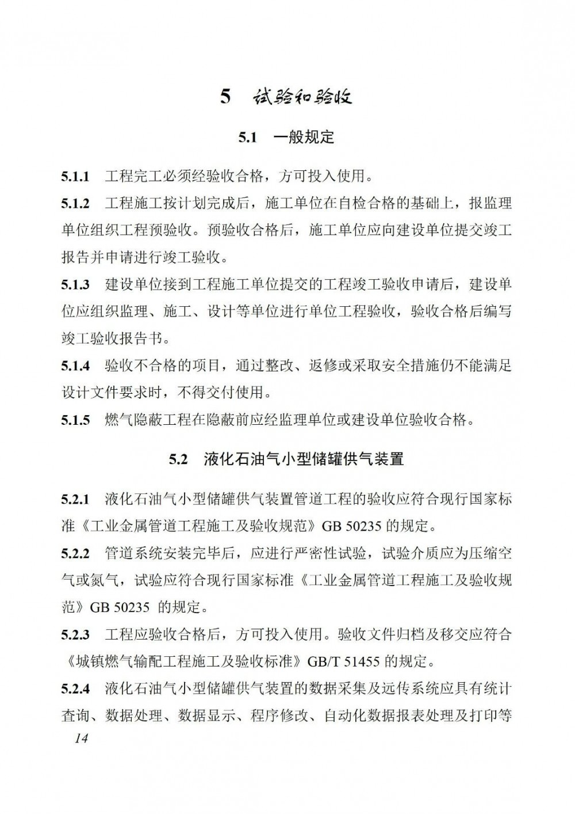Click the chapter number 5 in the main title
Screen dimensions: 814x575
[x=225, y=97]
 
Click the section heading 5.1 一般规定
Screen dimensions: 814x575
[x=286, y=137]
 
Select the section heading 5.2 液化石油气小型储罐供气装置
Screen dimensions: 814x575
[x=286, y=459]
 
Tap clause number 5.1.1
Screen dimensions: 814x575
[x=75, y=176]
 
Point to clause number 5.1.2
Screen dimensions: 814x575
[x=75, y=203]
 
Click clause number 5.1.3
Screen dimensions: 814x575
[x=75, y=284]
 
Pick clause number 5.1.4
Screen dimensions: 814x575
[x=75, y=366]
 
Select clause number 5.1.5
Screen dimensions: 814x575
[x=75, y=420]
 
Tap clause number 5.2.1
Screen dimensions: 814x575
[x=75, y=499]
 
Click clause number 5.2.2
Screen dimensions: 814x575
[x=75, y=554]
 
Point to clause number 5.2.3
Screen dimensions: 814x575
[x=75, y=635]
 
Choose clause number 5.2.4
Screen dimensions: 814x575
[x=75, y=689]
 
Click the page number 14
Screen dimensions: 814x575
[x=81, y=739]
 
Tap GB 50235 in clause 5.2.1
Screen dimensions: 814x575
[x=351, y=526]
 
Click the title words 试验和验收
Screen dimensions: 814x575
[x=302, y=97]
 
